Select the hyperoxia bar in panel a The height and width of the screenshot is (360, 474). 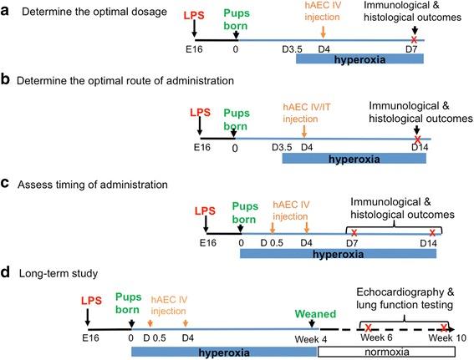pos(353,60)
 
